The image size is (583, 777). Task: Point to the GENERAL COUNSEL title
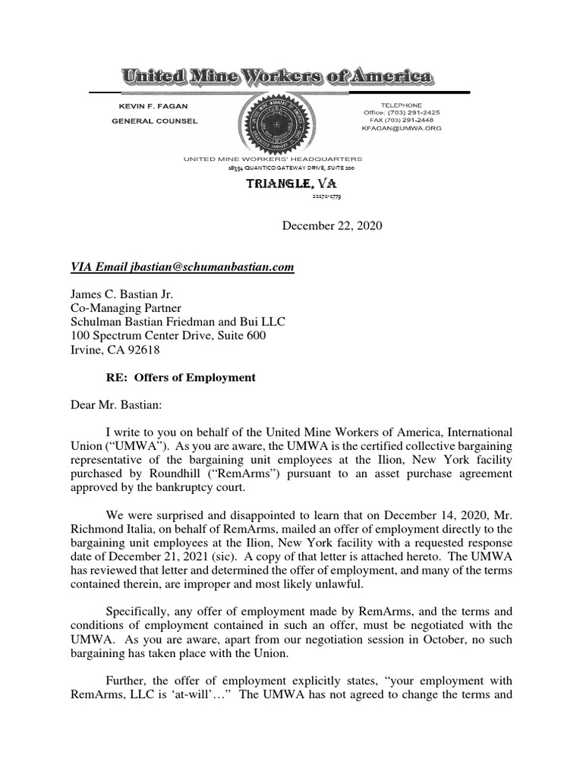click(154, 121)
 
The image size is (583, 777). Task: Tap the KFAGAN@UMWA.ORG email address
click(402, 128)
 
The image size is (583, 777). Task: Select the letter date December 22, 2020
click(332, 225)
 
